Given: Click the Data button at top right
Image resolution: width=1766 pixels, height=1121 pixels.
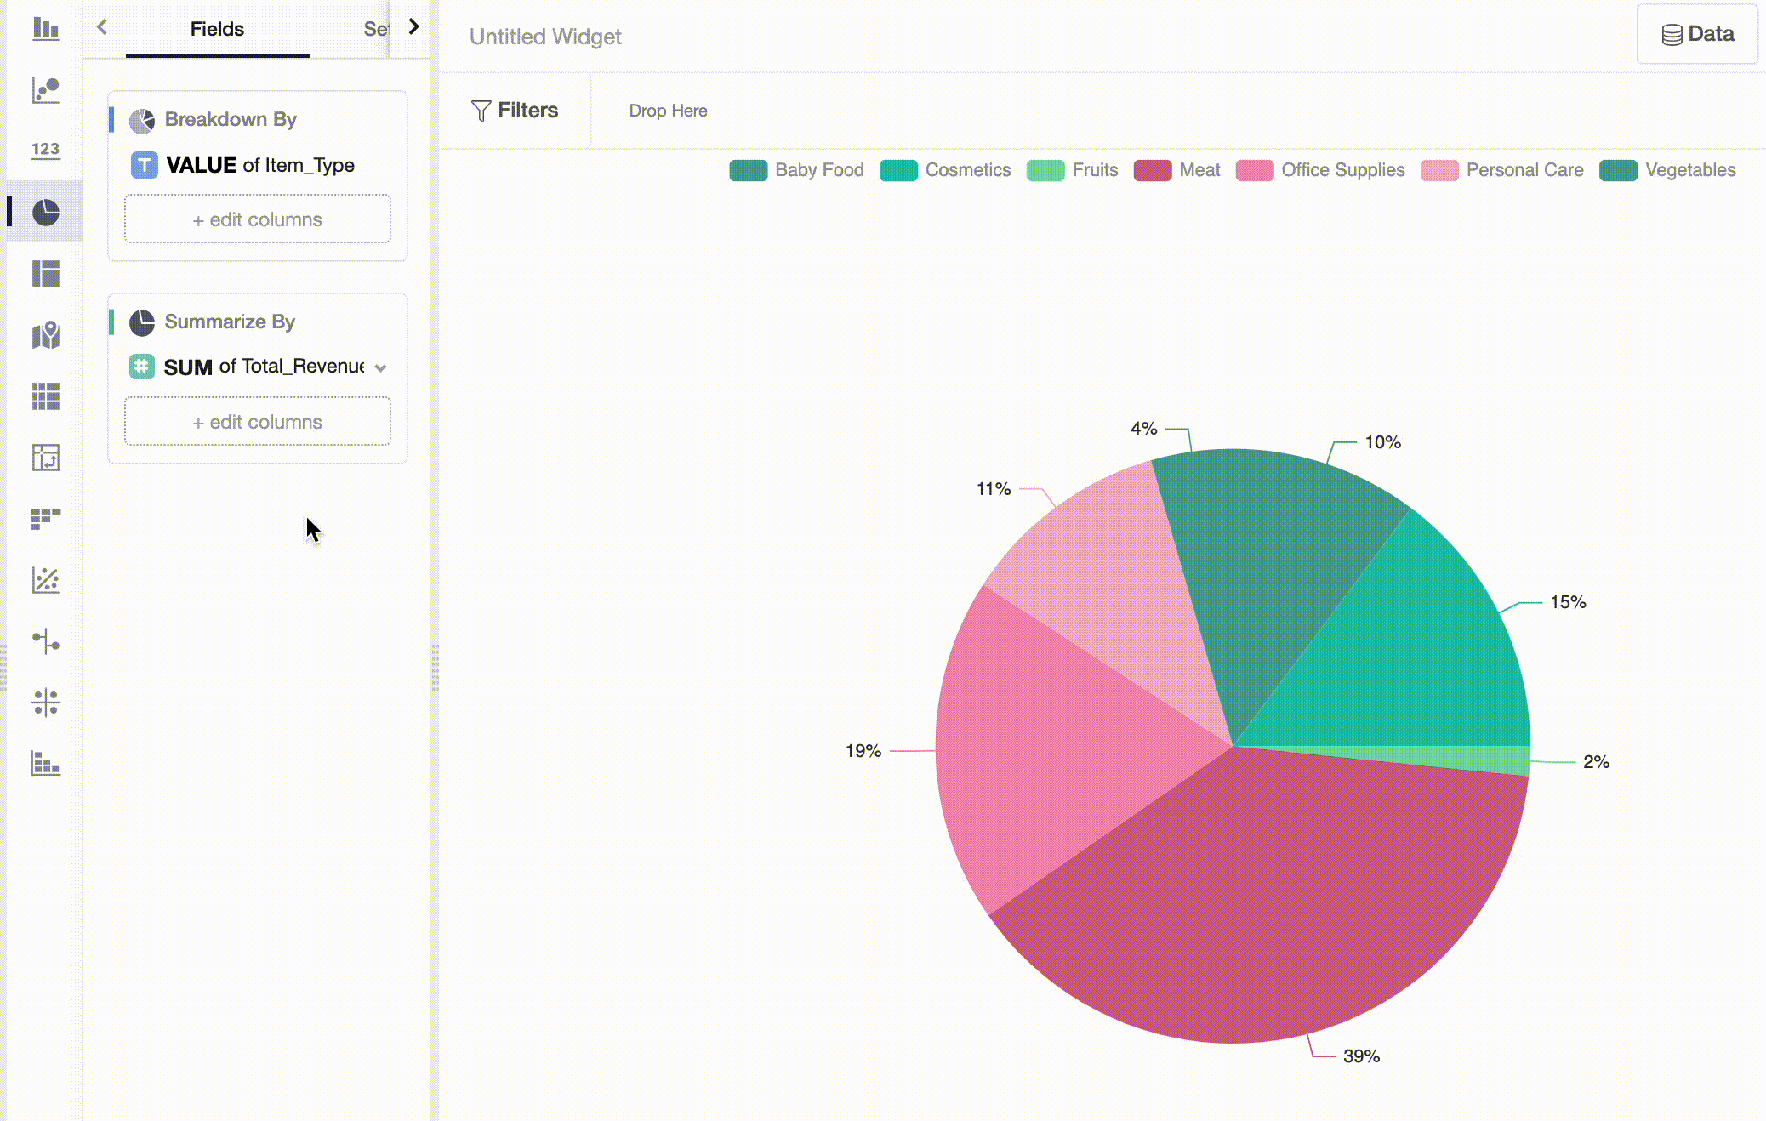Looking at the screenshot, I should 1697,34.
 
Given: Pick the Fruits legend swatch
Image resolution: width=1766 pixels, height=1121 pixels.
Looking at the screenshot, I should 1045,170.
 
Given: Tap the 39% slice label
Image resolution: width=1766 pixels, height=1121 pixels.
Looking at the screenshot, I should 1361,1056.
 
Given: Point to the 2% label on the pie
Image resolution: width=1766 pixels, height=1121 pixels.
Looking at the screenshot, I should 1596,762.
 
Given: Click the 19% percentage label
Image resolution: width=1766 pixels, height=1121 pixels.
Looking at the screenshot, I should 863,751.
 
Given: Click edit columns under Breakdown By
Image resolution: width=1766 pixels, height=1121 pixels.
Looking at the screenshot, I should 257,219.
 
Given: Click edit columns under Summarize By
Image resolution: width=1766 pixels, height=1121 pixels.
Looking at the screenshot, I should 257,422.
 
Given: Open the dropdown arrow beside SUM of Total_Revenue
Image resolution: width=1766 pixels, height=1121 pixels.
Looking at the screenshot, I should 380,367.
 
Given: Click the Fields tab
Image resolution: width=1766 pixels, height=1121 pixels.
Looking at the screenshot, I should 217,29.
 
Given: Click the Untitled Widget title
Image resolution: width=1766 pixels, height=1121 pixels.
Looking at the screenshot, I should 545,37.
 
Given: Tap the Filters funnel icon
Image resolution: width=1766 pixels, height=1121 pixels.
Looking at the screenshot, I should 481,111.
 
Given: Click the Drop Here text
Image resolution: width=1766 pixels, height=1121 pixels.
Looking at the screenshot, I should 668,111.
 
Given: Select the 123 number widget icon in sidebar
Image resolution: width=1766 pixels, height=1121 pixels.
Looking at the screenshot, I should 45,150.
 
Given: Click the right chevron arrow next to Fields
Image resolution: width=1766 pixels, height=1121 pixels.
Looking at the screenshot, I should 413,26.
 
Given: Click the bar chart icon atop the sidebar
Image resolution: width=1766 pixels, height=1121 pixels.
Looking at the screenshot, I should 45,29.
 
